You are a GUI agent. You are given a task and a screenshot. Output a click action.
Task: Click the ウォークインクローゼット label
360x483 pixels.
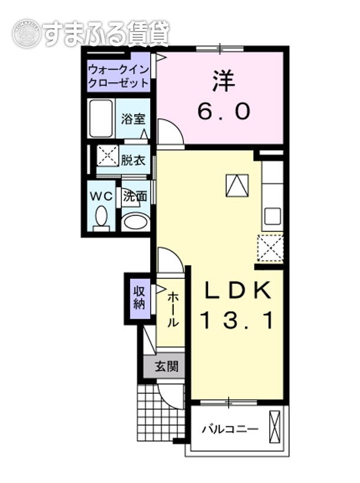(x=118, y=76)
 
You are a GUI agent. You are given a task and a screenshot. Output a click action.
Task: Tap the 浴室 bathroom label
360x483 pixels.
(x=133, y=118)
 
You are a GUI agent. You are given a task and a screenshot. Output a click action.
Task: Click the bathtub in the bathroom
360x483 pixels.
(x=101, y=118)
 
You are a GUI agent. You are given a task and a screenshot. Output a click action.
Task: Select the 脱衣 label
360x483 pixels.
(x=133, y=160)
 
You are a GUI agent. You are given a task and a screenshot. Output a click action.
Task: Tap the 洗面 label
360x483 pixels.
(x=135, y=196)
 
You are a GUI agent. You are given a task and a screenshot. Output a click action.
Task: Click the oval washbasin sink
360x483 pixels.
(x=135, y=222)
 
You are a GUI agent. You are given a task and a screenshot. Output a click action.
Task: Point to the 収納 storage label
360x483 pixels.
(x=139, y=297)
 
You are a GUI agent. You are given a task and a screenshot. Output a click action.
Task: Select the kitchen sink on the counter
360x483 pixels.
(x=272, y=216)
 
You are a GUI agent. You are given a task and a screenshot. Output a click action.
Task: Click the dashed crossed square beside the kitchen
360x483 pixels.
(x=270, y=247)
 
